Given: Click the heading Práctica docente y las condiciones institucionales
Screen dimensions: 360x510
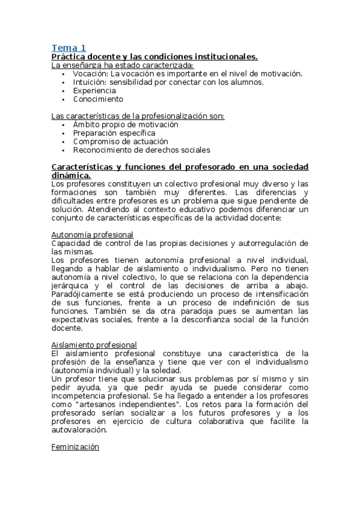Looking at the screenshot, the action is point(154,57).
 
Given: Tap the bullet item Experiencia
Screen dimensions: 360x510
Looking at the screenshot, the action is point(94,90).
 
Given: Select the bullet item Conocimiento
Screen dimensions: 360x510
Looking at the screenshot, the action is point(98,99).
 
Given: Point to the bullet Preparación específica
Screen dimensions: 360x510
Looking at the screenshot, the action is point(114,133).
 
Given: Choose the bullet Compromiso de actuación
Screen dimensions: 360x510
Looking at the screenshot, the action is point(112,141).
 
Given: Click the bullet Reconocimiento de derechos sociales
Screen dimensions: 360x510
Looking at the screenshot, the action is point(141,150).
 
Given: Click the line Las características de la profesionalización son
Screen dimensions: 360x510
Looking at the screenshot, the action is point(138,115).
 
